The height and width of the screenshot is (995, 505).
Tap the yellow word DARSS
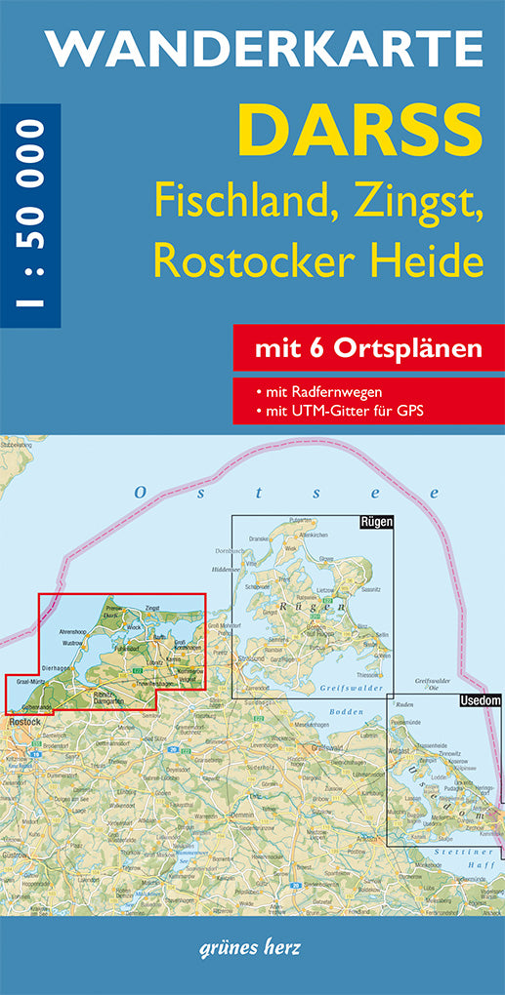pos(360,133)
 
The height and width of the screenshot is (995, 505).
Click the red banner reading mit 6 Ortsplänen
pos(369,348)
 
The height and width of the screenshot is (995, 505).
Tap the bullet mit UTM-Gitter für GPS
pos(338,410)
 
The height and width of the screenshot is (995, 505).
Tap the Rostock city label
pos(20,721)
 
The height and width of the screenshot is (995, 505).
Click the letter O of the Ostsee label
pos(141,494)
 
